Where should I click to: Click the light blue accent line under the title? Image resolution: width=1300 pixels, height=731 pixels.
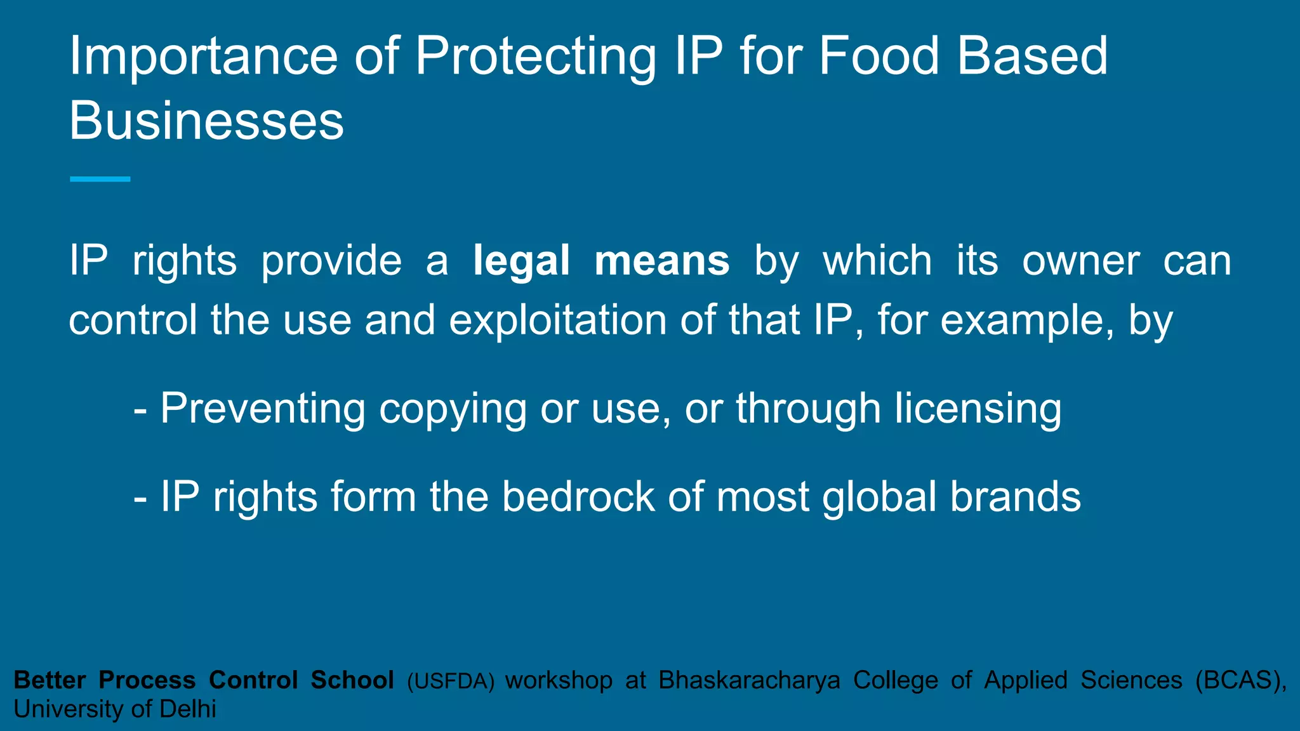click(100, 180)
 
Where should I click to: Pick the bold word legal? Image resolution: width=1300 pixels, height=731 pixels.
click(521, 261)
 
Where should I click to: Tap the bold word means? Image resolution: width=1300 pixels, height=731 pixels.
click(662, 261)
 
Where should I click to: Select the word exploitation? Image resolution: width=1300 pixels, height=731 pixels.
click(558, 320)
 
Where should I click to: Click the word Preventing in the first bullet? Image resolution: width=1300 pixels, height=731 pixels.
click(263, 409)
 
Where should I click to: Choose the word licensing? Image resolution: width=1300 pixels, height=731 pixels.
click(978, 409)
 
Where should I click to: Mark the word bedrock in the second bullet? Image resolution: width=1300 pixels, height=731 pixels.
click(578, 496)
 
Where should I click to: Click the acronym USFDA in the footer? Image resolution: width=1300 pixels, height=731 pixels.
click(451, 681)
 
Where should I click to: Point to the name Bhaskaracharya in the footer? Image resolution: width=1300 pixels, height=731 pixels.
click(749, 680)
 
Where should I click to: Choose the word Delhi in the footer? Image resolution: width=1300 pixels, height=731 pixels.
click(188, 709)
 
